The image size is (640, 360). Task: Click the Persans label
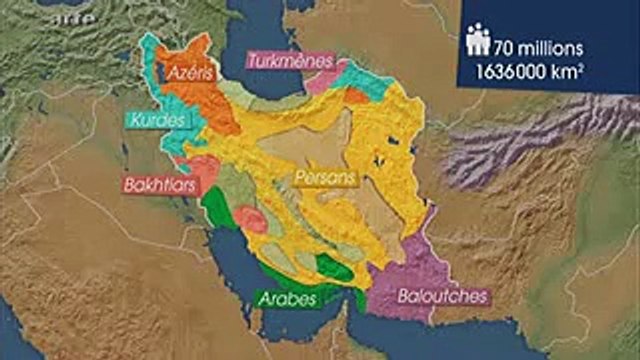click(x=324, y=176)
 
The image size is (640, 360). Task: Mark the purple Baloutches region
click(x=420, y=260)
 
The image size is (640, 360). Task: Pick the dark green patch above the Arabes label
click(x=333, y=267)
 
